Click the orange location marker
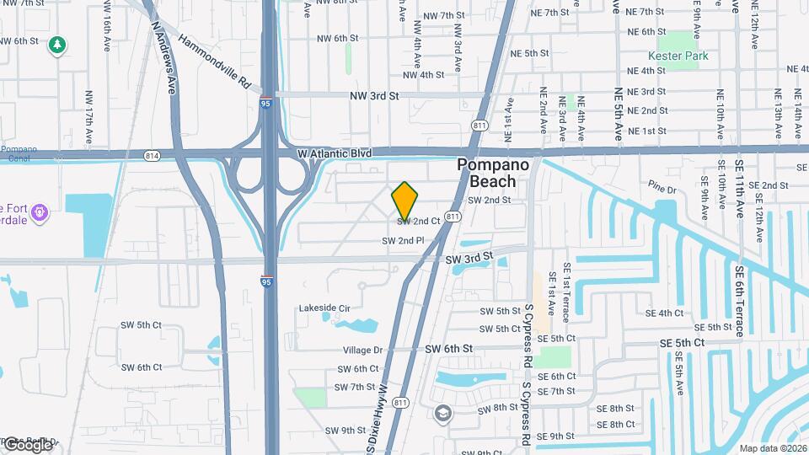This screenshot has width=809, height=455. click(x=404, y=200)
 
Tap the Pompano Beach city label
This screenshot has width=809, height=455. click(x=493, y=173)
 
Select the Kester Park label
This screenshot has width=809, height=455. click(x=683, y=56)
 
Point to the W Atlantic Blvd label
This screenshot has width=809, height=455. click(x=335, y=153)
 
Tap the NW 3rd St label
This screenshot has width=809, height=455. click(x=373, y=97)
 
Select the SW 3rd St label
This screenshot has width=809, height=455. click(x=468, y=257)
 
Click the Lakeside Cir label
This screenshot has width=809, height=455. click(x=324, y=308)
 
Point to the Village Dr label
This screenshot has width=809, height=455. click(x=362, y=350)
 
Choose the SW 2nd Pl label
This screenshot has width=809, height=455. click(x=402, y=241)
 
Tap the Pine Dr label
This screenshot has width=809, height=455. click(x=663, y=184)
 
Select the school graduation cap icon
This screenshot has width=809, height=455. click(x=443, y=413)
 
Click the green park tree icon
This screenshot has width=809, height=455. click(x=57, y=45)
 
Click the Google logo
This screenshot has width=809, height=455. click(x=28, y=445)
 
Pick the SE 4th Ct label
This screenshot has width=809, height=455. click(x=665, y=313)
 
